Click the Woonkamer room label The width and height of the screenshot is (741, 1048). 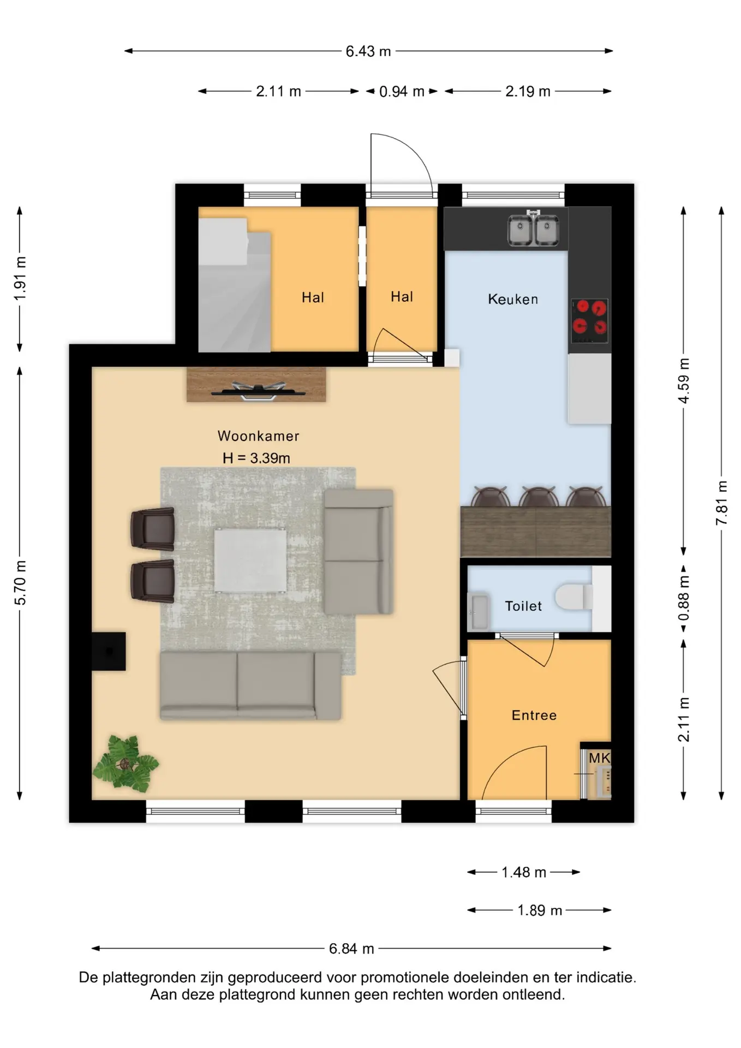(x=258, y=436)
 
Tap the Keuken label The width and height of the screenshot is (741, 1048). (x=513, y=299)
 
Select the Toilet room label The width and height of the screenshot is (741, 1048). (x=523, y=606)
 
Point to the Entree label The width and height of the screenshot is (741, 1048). (x=534, y=715)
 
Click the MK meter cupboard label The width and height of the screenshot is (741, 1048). (x=599, y=758)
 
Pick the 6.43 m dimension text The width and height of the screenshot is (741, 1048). (x=368, y=51)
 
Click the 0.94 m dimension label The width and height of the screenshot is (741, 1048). (x=402, y=92)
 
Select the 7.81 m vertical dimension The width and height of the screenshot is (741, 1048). (x=721, y=503)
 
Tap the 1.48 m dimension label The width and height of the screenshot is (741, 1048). (x=524, y=872)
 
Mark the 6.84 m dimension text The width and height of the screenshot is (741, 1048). (x=351, y=949)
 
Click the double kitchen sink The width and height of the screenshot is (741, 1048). (x=534, y=229)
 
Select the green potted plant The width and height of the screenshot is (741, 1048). (x=126, y=763)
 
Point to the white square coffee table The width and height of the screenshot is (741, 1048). (x=250, y=560)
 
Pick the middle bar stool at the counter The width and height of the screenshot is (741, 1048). (x=538, y=497)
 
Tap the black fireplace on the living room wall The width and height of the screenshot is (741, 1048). (x=109, y=651)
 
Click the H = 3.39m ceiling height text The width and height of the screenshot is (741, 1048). (x=256, y=458)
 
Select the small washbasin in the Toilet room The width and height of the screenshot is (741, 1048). (x=479, y=611)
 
